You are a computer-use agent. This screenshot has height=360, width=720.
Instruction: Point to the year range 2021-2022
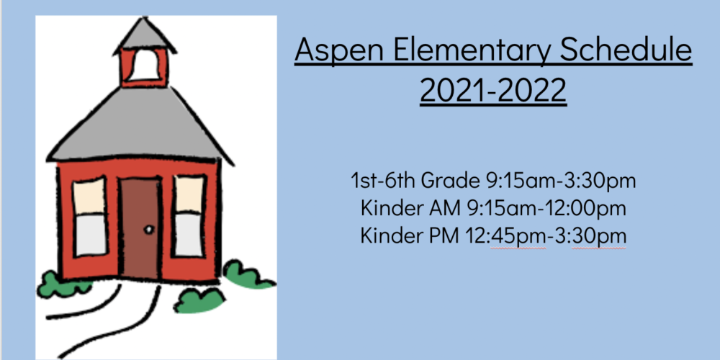click(493, 90)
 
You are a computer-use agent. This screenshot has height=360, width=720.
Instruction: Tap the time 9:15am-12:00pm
click(546, 209)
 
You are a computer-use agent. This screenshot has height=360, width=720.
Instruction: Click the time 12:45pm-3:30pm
click(546, 236)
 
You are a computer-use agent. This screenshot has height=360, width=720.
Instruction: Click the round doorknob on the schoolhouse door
click(149, 230)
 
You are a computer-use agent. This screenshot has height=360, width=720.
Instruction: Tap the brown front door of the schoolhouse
click(140, 229)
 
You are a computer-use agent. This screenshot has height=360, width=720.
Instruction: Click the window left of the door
click(90, 217)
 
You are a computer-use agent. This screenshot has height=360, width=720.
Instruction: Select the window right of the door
click(189, 216)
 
